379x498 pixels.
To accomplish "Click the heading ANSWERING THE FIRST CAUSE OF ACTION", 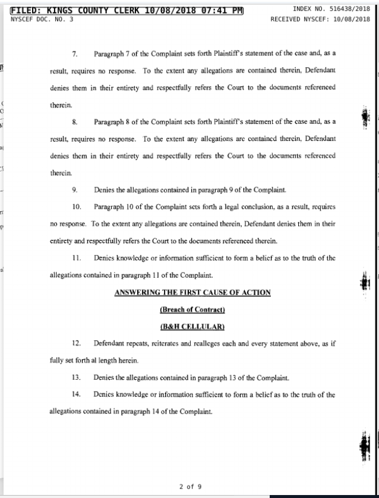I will coord(192,292).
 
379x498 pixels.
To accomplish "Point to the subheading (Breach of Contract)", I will coord(192,309).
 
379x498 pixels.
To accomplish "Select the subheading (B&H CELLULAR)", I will coord(192,327).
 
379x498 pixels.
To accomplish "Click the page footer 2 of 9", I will coord(190,486).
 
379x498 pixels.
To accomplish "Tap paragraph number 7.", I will coord(75,54).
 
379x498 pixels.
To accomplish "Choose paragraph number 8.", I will coord(75,121).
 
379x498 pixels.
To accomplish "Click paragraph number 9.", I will coord(75,190).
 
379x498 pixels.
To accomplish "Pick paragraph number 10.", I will coord(77,207).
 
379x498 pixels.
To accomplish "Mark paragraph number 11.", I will coord(77,258).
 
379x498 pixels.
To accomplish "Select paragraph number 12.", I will coord(77,343).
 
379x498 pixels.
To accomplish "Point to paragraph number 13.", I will coord(77,377).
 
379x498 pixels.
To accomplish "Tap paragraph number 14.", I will coord(77,394).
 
